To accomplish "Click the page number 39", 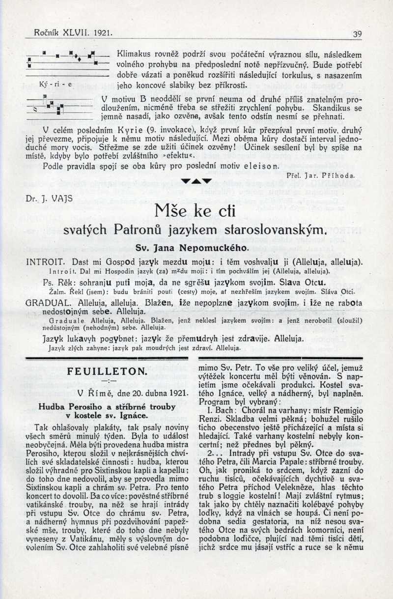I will coord(357,34).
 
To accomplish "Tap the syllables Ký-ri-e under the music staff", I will coord(56,84).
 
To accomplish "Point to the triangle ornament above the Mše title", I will coord(196,181).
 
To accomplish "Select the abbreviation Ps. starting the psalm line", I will coord(48,283).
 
